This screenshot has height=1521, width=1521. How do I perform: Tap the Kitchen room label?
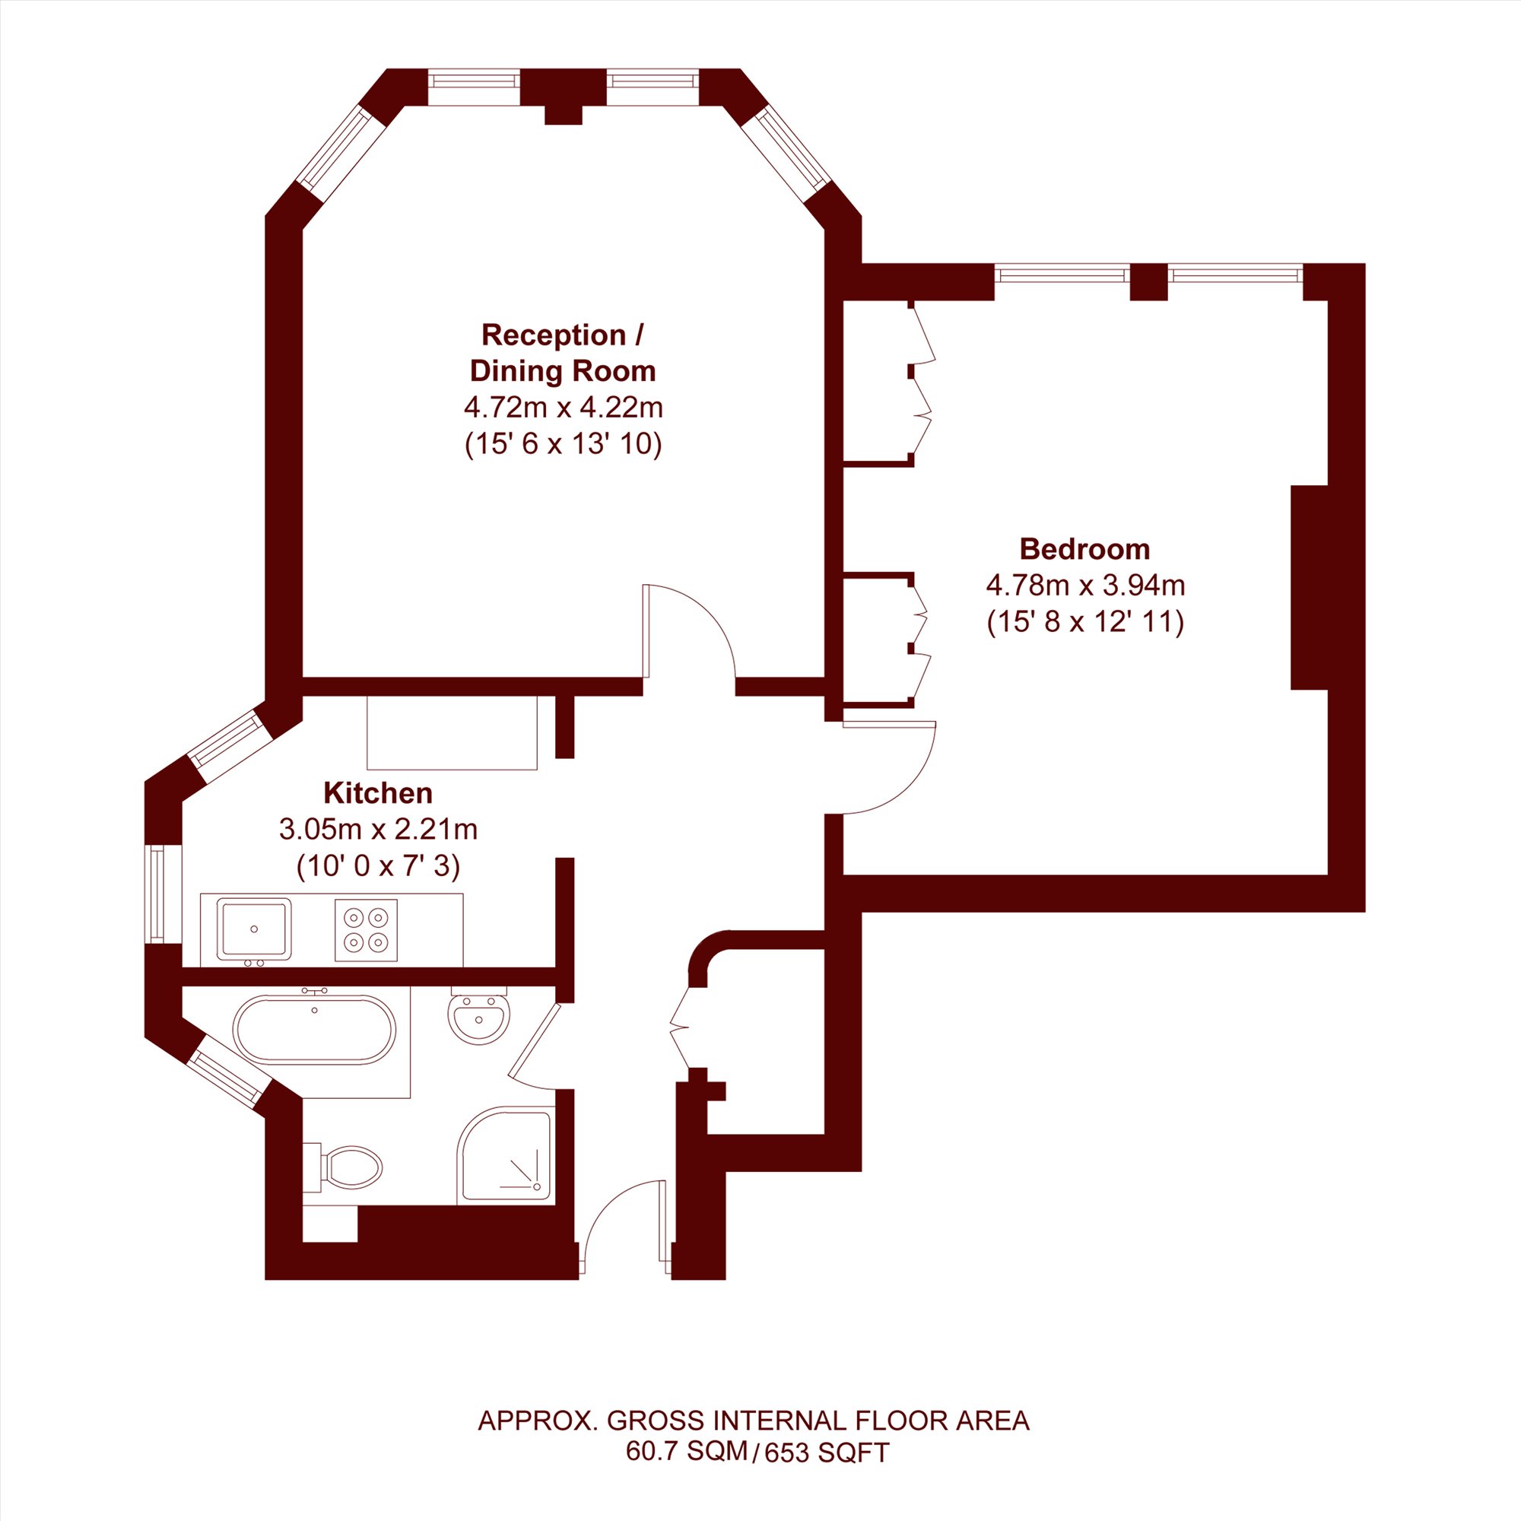(378, 792)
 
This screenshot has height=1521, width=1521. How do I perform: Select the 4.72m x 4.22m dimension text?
(563, 408)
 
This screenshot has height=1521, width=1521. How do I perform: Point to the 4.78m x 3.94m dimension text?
(1086, 586)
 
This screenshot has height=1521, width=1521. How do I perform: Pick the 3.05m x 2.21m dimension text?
(378, 829)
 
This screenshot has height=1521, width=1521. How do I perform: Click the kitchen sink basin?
(253, 930)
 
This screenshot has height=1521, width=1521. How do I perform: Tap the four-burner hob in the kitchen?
(366, 930)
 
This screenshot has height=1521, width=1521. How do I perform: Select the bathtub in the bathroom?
(314, 1030)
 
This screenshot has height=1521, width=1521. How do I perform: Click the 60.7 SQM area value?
(687, 1472)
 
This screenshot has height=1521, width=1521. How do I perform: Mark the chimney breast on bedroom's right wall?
(1310, 587)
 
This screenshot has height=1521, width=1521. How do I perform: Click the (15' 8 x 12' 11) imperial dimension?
(1086, 623)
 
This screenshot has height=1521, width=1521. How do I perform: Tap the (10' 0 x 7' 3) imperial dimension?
(378, 866)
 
